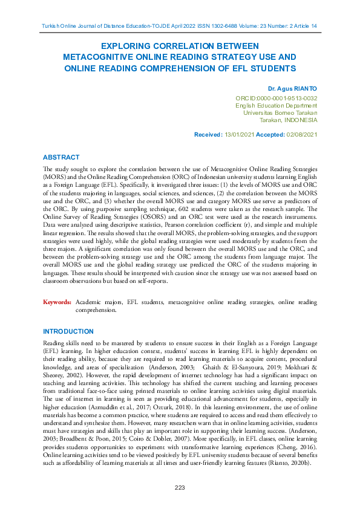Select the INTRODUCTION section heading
(x=68, y=331)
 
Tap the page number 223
(x=180, y=487)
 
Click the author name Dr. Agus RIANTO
(x=292, y=88)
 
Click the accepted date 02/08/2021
(x=301, y=134)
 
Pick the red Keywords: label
(x=57, y=301)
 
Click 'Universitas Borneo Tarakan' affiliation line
(x=280, y=112)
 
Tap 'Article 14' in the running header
(x=305, y=25)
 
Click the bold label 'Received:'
(x=208, y=134)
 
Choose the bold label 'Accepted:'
(x=270, y=134)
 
